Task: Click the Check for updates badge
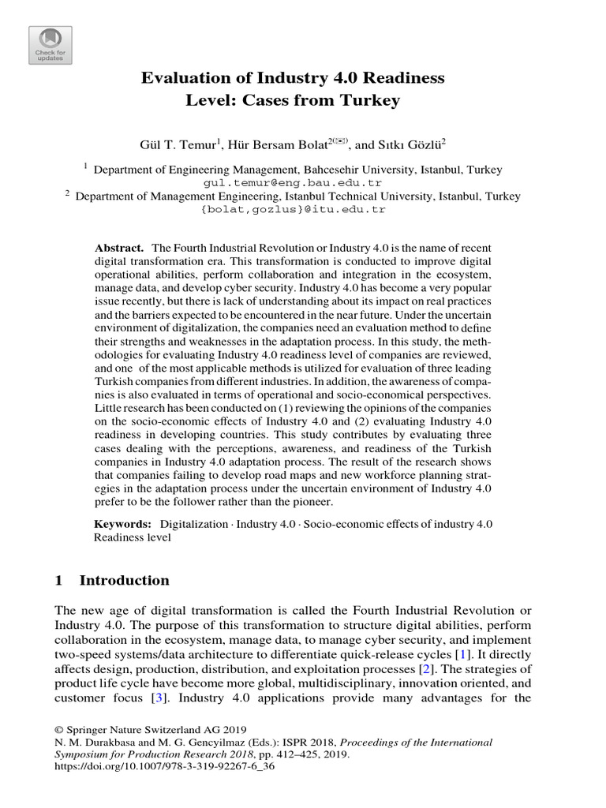tap(50, 45)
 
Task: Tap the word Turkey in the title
tap(372, 100)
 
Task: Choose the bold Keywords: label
tap(122, 524)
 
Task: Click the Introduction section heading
tap(125, 581)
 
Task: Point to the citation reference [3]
tap(159, 698)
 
